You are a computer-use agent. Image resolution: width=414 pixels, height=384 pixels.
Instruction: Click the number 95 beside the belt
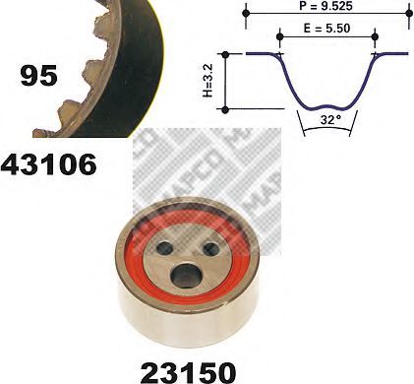pyautogui.click(x=38, y=76)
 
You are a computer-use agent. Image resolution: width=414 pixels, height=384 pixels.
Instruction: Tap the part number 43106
pyautogui.click(x=49, y=164)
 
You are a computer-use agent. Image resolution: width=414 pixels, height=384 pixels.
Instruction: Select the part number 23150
pyautogui.click(x=188, y=373)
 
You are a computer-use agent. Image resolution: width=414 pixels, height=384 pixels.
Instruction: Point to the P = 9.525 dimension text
pyautogui.click(x=325, y=6)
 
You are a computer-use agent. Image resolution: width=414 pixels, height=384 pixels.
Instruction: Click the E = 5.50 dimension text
pyautogui.click(x=326, y=29)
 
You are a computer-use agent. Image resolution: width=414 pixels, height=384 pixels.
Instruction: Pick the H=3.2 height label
pyautogui.click(x=207, y=81)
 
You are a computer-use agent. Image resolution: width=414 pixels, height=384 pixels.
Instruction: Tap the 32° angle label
pyautogui.click(x=328, y=120)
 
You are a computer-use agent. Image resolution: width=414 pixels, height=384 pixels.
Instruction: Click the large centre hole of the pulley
pyautogui.click(x=186, y=275)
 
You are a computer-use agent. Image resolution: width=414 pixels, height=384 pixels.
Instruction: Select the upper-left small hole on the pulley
pyautogui.click(x=165, y=248)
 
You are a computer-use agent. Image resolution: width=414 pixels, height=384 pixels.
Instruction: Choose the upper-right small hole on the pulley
pyautogui.click(x=211, y=248)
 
